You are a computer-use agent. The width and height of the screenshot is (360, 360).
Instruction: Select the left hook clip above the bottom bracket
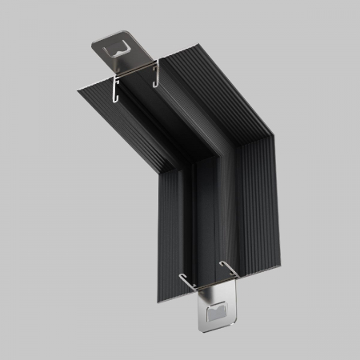click(187, 281)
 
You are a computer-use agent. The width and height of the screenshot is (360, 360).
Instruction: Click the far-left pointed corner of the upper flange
click(78, 90)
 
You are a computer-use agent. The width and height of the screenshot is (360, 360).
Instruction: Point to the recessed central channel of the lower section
click(205, 224)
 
